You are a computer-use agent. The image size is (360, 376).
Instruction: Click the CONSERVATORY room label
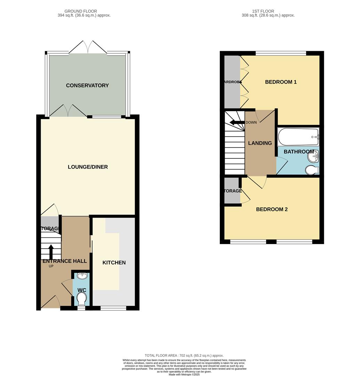pos(87,86)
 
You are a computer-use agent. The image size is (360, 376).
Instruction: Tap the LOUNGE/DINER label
pos(88,167)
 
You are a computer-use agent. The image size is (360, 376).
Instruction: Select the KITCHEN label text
pos(114,263)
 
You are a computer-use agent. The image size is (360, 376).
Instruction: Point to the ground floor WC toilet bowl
pos(82,299)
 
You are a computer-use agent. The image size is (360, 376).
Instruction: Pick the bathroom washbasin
pos(313,157)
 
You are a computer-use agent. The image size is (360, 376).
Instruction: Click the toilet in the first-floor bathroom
pos(312,170)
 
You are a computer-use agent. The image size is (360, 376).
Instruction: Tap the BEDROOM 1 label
pos(281,82)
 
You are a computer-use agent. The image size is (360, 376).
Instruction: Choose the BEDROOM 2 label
pos(272,210)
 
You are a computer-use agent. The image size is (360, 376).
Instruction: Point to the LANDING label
pos(260,143)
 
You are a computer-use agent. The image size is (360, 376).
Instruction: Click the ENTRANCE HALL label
pos(64,261)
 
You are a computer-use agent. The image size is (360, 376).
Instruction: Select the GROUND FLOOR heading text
pos(81,11)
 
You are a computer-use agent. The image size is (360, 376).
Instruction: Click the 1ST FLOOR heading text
pos(263,11)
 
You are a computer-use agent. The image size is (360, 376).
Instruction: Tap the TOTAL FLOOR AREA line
pos(184,355)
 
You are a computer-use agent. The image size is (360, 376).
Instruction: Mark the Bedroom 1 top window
pos(281,53)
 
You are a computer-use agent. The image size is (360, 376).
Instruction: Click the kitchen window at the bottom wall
pos(113,308)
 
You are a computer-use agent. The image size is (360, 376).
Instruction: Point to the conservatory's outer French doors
pos(88,47)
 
